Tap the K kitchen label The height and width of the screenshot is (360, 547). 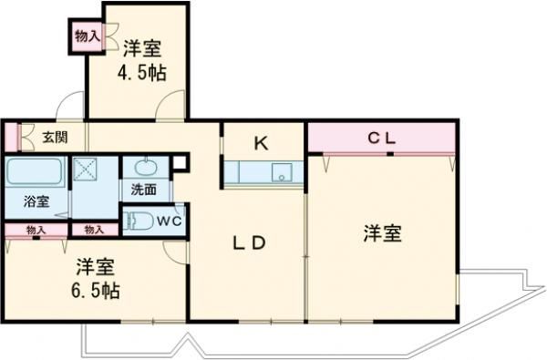261,142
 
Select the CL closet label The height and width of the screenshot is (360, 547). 382,139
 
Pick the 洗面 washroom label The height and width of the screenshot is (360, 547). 143,190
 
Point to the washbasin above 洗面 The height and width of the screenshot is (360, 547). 144,169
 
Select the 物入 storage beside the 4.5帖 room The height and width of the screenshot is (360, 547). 85,37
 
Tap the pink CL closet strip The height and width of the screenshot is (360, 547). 382,139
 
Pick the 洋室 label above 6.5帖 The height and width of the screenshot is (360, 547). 95,269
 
